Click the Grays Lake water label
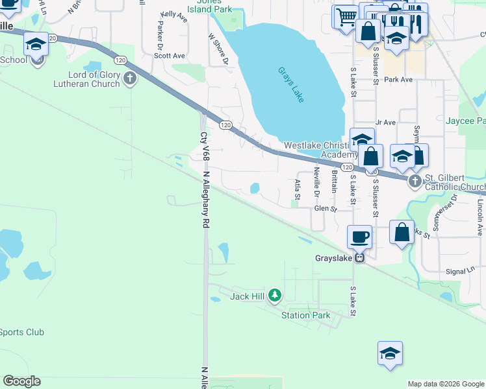tap(291, 84)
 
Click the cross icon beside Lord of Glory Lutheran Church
tap(130, 79)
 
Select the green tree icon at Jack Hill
tap(275, 296)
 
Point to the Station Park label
tap(305, 316)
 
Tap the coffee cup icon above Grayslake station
tap(359, 236)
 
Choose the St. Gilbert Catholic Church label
tap(455, 183)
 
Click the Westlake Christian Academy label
tap(322, 150)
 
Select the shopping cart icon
tap(346, 16)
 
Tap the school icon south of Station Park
tap(390, 353)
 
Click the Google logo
tap(21, 381)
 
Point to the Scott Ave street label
tap(170, 56)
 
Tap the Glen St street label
tap(326, 209)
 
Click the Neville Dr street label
tap(316, 182)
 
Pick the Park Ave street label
tap(398, 80)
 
